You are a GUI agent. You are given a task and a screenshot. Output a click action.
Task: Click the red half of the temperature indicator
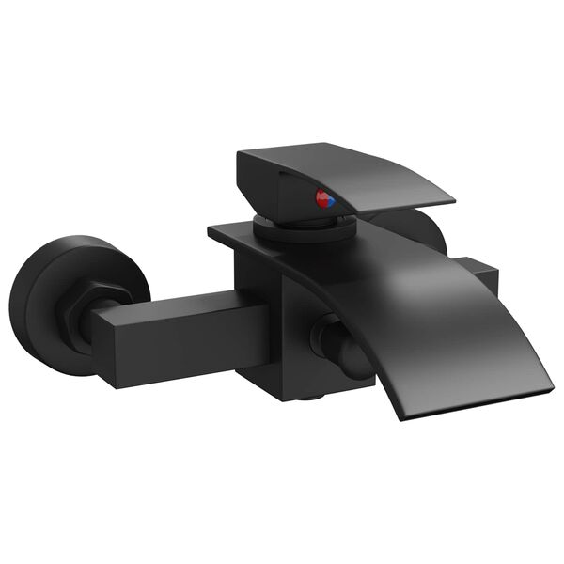pos(321,198)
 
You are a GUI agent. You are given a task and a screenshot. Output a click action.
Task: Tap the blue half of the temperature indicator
pos(330,200)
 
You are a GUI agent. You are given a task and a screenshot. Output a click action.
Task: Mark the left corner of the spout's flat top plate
pos(211,227)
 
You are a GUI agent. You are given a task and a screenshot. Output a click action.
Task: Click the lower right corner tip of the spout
pos(553,384)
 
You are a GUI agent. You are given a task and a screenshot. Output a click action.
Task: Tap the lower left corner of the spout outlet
pos(400,417)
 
